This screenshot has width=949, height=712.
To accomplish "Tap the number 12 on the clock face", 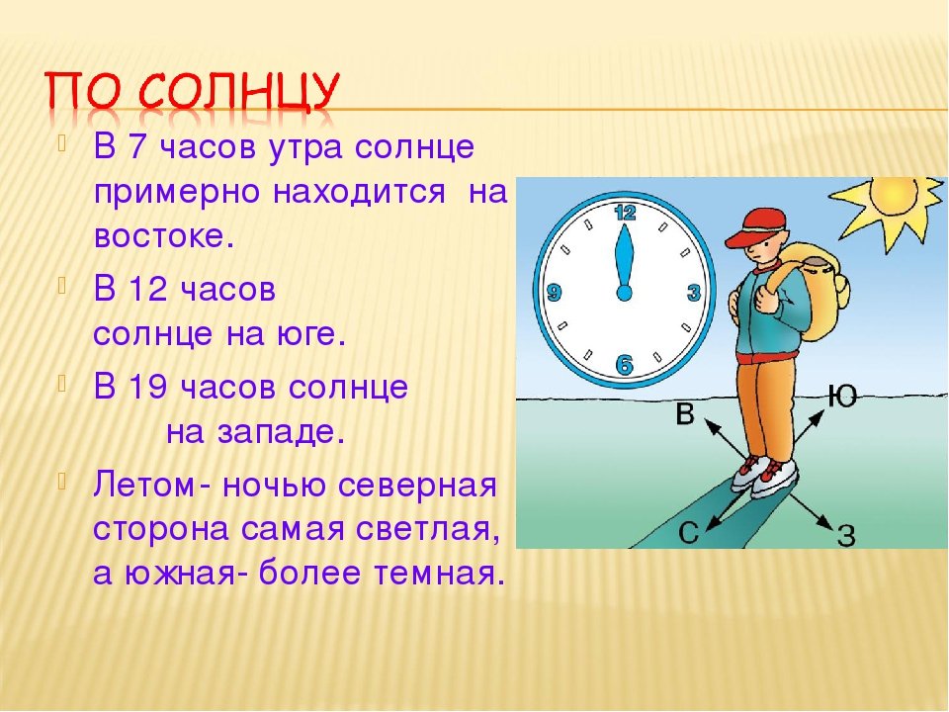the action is (625, 213).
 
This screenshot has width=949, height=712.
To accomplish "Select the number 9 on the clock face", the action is (554, 293).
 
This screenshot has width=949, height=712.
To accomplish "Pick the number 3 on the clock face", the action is (694, 293).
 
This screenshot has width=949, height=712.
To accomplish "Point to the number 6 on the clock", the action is (624, 365).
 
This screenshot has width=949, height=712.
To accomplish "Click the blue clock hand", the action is (624, 264).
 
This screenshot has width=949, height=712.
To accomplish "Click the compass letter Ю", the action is (842, 397).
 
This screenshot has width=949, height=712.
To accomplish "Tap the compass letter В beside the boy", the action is (684, 414).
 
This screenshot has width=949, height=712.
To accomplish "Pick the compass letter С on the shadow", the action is (689, 533).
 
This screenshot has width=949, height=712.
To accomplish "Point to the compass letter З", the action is (847, 535).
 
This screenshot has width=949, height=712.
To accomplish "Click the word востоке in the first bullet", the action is (163, 236).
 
